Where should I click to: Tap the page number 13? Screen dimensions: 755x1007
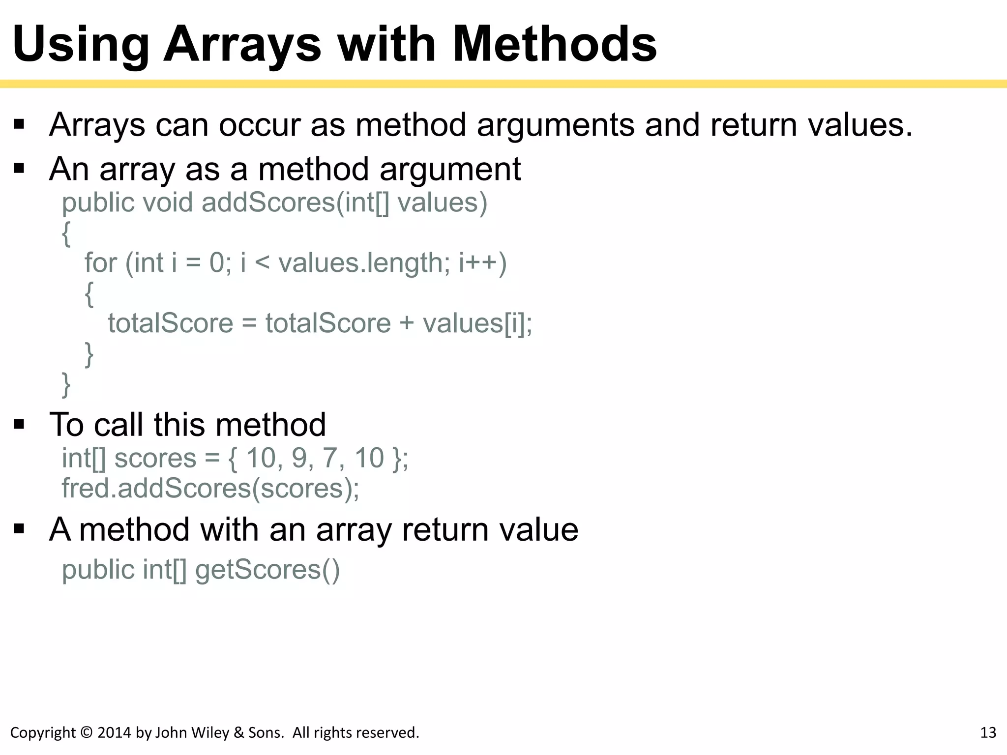988,733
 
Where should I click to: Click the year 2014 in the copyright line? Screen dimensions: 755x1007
115,733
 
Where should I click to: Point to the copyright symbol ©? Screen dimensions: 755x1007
86,733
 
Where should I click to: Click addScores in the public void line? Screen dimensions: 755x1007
268,203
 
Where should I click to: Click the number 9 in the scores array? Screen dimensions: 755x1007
299,458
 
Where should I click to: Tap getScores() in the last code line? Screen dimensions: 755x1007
267,570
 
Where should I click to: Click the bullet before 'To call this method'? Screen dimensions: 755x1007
19,424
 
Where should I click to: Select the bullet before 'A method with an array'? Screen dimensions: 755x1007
19,529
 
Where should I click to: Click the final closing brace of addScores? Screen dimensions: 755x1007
66,384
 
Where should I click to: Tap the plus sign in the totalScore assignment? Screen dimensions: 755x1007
407,323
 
